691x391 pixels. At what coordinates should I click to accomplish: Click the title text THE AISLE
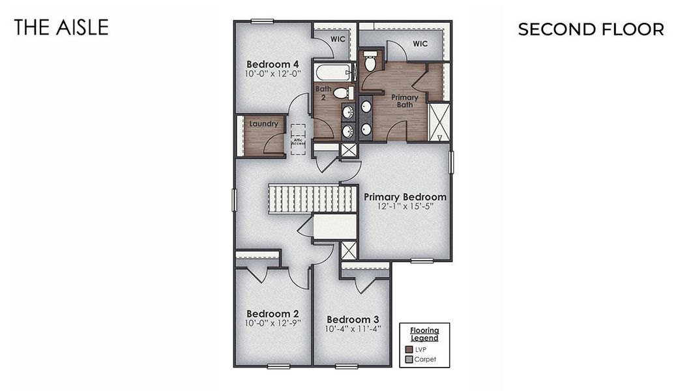pos(61,27)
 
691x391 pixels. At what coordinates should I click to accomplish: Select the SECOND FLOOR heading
pos(591,29)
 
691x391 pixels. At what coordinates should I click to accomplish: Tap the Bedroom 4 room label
pos(272,64)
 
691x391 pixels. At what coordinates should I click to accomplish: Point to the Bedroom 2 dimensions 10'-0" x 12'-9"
pos(272,322)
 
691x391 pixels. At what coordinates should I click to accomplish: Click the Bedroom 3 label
pos(353,319)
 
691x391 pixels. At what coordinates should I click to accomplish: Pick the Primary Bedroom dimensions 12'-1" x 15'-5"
pos(405,207)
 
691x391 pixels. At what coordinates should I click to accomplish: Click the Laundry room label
pos(263,123)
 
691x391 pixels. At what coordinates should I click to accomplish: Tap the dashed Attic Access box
pos(298,139)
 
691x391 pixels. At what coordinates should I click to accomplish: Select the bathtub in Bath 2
pos(333,72)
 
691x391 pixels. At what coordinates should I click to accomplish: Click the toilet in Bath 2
pos(343,93)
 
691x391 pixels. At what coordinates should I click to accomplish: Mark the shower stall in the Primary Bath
pos(439,122)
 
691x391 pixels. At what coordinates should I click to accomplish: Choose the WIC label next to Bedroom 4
pos(338,38)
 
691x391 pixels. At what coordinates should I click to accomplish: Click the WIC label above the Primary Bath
pos(419,44)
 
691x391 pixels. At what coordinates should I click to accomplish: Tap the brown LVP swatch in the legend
pos(408,349)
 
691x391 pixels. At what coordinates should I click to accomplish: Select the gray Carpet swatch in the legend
pos(408,359)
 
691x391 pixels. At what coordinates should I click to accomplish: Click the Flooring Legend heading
pos(424,334)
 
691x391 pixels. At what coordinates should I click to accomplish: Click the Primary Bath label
pos(405,101)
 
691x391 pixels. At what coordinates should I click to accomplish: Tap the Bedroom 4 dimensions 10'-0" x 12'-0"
pos(272,74)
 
